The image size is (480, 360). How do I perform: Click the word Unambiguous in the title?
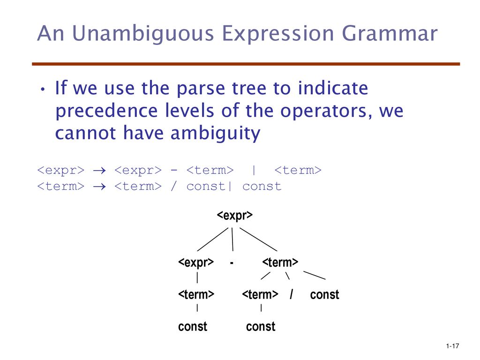pos(143,33)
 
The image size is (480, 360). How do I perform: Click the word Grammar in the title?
pos(390,33)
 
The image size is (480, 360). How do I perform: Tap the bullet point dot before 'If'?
pos(43,90)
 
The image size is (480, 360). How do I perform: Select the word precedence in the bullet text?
pos(106,111)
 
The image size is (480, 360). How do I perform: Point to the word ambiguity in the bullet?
pos(215,134)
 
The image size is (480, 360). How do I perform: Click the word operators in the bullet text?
pos(327,111)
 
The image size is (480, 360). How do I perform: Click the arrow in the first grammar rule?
pos(99,171)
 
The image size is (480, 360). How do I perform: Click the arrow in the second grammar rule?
pos(99,187)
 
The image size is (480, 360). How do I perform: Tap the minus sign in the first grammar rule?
pos(174,170)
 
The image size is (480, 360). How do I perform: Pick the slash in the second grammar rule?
pos(173,186)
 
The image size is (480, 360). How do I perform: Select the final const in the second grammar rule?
pos(262,187)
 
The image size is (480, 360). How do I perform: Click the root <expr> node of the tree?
pos(235,215)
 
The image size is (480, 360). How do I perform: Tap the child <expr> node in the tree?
pos(196,262)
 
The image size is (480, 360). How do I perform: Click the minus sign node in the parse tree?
pos(232,262)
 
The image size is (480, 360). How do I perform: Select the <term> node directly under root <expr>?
pos(280,262)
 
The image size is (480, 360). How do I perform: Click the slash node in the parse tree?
pos(292,294)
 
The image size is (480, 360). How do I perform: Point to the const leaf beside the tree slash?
pos(324,295)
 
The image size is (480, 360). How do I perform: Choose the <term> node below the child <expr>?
pos(196,294)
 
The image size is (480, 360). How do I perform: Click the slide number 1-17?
pos(452,346)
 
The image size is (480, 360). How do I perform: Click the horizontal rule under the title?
pos(246,64)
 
